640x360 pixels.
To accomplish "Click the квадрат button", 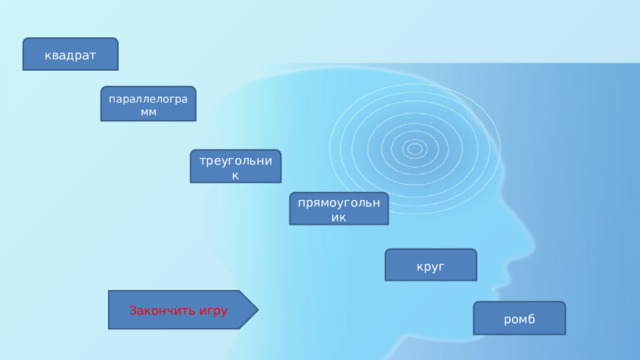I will [x=71, y=54].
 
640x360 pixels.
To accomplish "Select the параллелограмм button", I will [x=148, y=103].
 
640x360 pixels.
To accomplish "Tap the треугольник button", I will [x=236, y=167].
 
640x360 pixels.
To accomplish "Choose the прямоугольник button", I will [x=338, y=208].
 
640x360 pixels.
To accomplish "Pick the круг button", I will [x=431, y=265].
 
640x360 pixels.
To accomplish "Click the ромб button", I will [x=519, y=318].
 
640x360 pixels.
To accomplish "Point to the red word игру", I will [x=213, y=310].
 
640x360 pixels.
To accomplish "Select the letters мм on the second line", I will [x=148, y=111].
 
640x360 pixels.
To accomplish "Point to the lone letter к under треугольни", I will [x=236, y=176].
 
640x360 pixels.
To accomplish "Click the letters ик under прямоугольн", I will [x=338, y=217].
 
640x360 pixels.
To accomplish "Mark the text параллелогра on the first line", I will [x=148, y=97].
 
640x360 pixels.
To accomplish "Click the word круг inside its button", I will [x=431, y=266].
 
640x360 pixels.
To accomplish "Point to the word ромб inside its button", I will [x=519, y=319].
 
